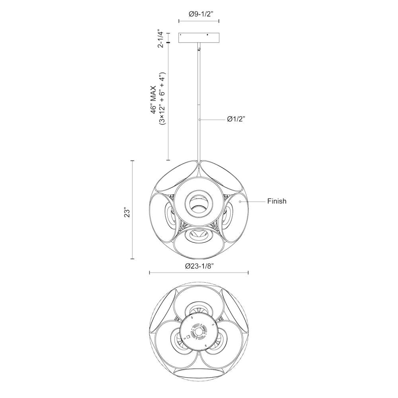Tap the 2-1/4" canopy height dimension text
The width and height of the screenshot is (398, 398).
[x=160, y=40]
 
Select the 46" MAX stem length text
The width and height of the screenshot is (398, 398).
[x=154, y=100]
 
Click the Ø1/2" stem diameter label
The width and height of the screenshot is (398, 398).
[x=236, y=119]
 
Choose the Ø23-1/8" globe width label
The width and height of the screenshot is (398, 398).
[x=199, y=266]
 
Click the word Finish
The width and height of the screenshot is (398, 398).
[x=277, y=201]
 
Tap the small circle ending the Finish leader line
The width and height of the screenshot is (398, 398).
[x=240, y=201]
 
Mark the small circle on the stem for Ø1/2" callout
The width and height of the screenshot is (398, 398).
[x=200, y=119]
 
